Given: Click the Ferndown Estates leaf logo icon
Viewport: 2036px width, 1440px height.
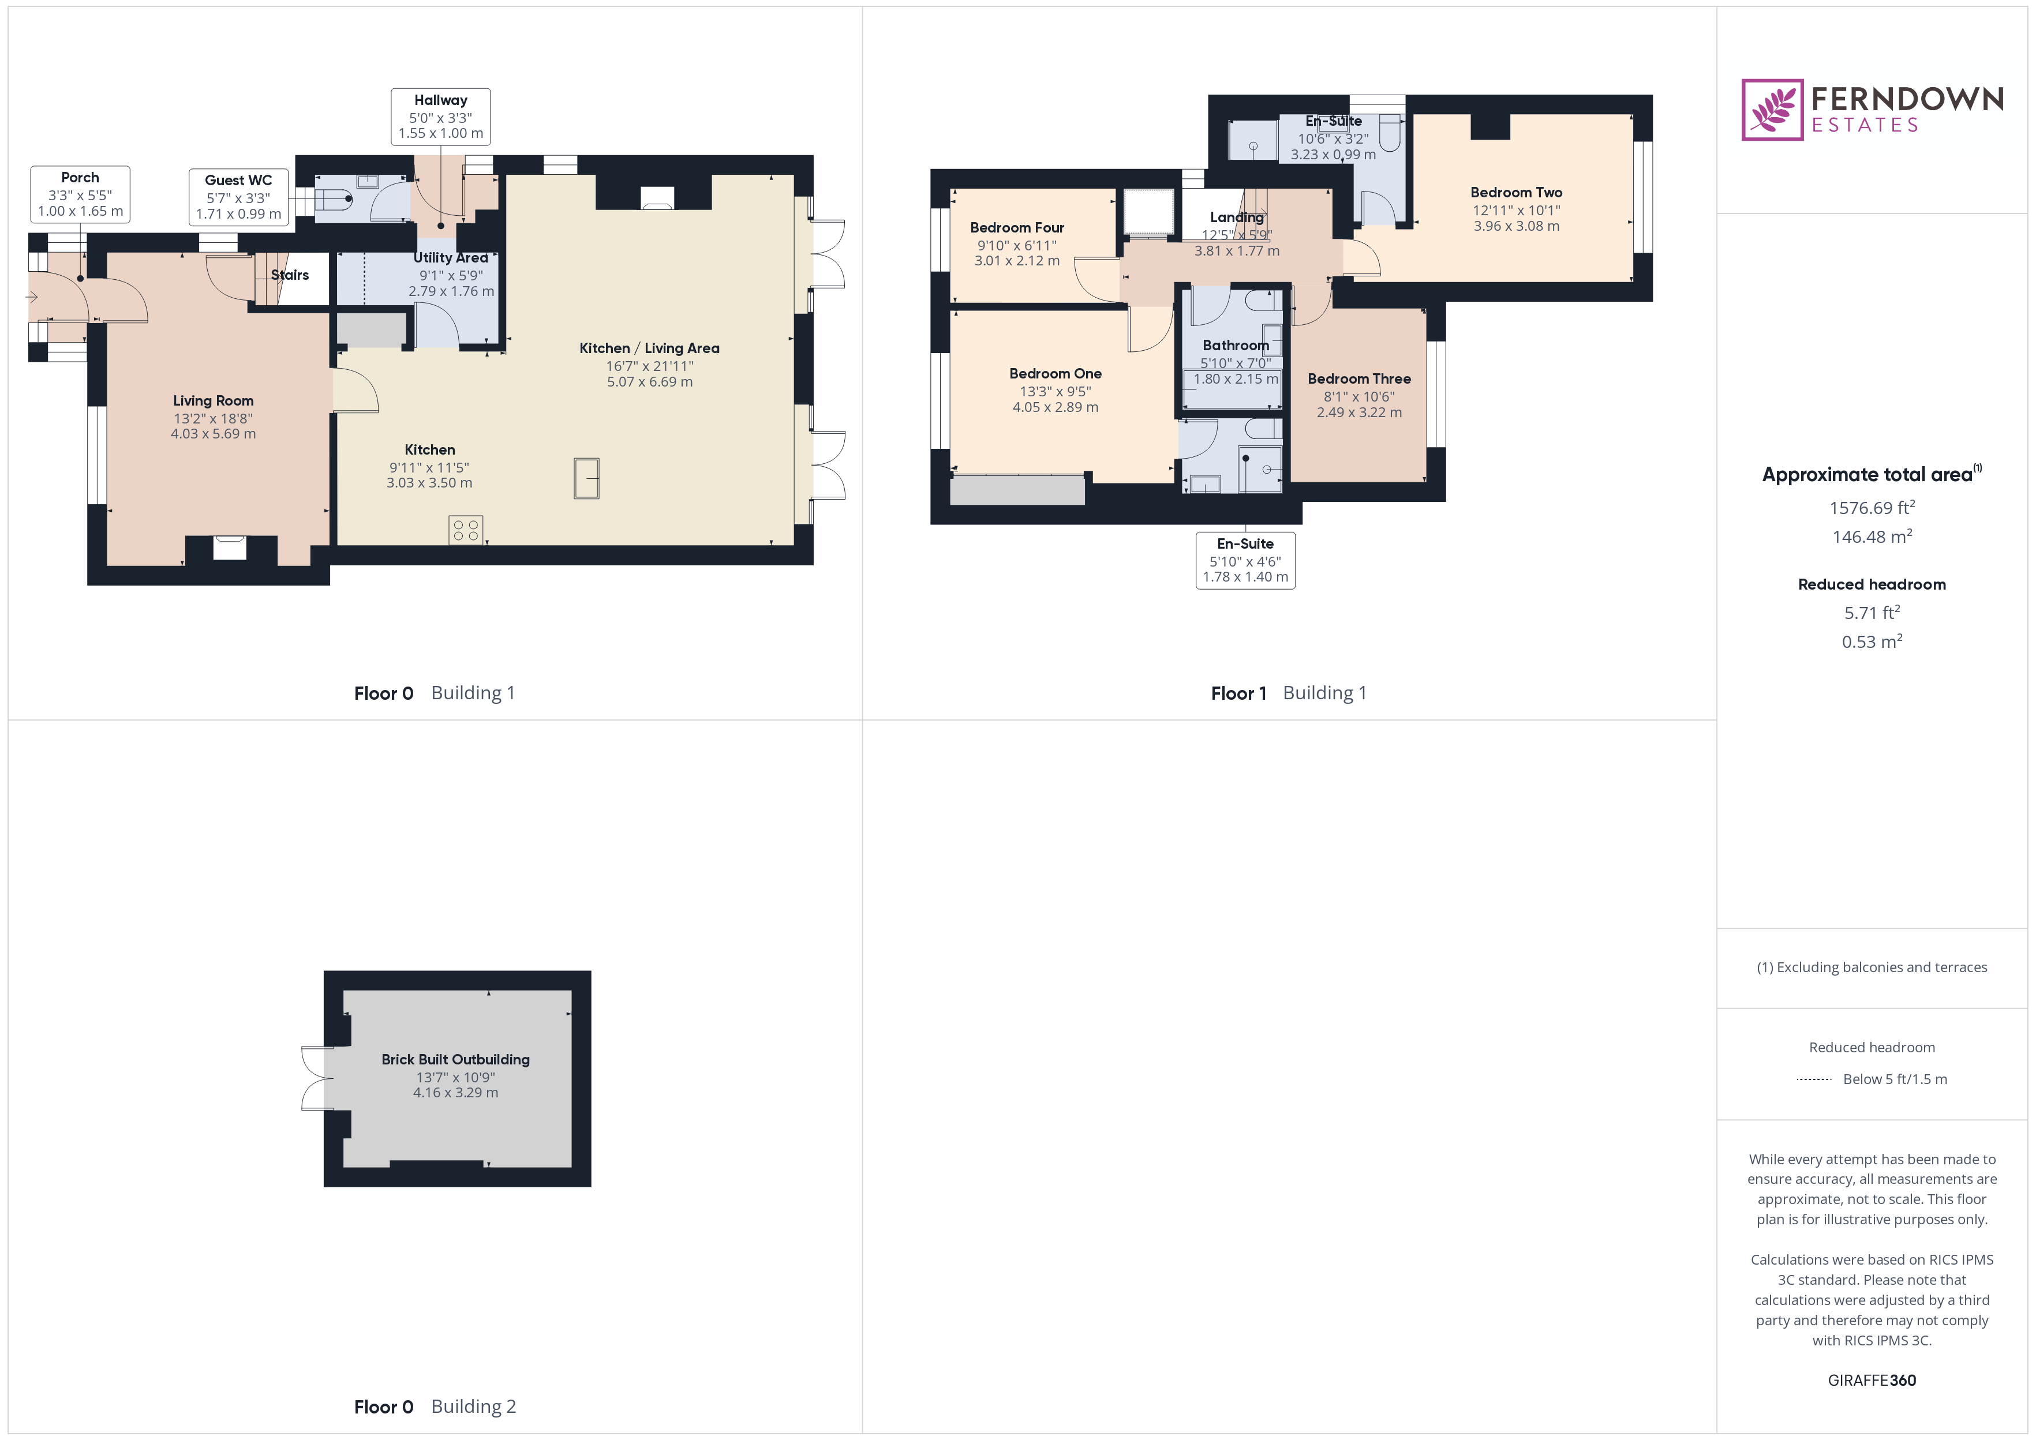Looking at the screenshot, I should [x=1772, y=110].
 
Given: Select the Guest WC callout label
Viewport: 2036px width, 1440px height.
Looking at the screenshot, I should [x=238, y=197].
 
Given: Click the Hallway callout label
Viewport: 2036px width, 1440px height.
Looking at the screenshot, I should [x=441, y=116].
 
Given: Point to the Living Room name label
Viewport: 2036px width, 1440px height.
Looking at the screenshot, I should [x=213, y=401].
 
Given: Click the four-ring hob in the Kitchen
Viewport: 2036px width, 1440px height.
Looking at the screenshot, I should [x=466, y=530].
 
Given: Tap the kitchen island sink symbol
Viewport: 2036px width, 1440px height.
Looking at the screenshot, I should [x=586, y=478].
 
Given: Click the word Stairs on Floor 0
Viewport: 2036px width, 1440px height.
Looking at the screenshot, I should [x=290, y=275].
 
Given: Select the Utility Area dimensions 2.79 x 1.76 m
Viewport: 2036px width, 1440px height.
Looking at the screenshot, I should [x=451, y=291].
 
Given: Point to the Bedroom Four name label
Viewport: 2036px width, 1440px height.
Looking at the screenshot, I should [x=1017, y=228].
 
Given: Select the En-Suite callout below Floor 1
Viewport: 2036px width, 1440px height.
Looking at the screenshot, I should [x=1245, y=560].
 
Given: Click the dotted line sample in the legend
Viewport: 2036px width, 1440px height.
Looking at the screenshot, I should [x=1813, y=1079].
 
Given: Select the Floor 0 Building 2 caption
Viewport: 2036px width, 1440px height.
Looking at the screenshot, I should [x=435, y=1407].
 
